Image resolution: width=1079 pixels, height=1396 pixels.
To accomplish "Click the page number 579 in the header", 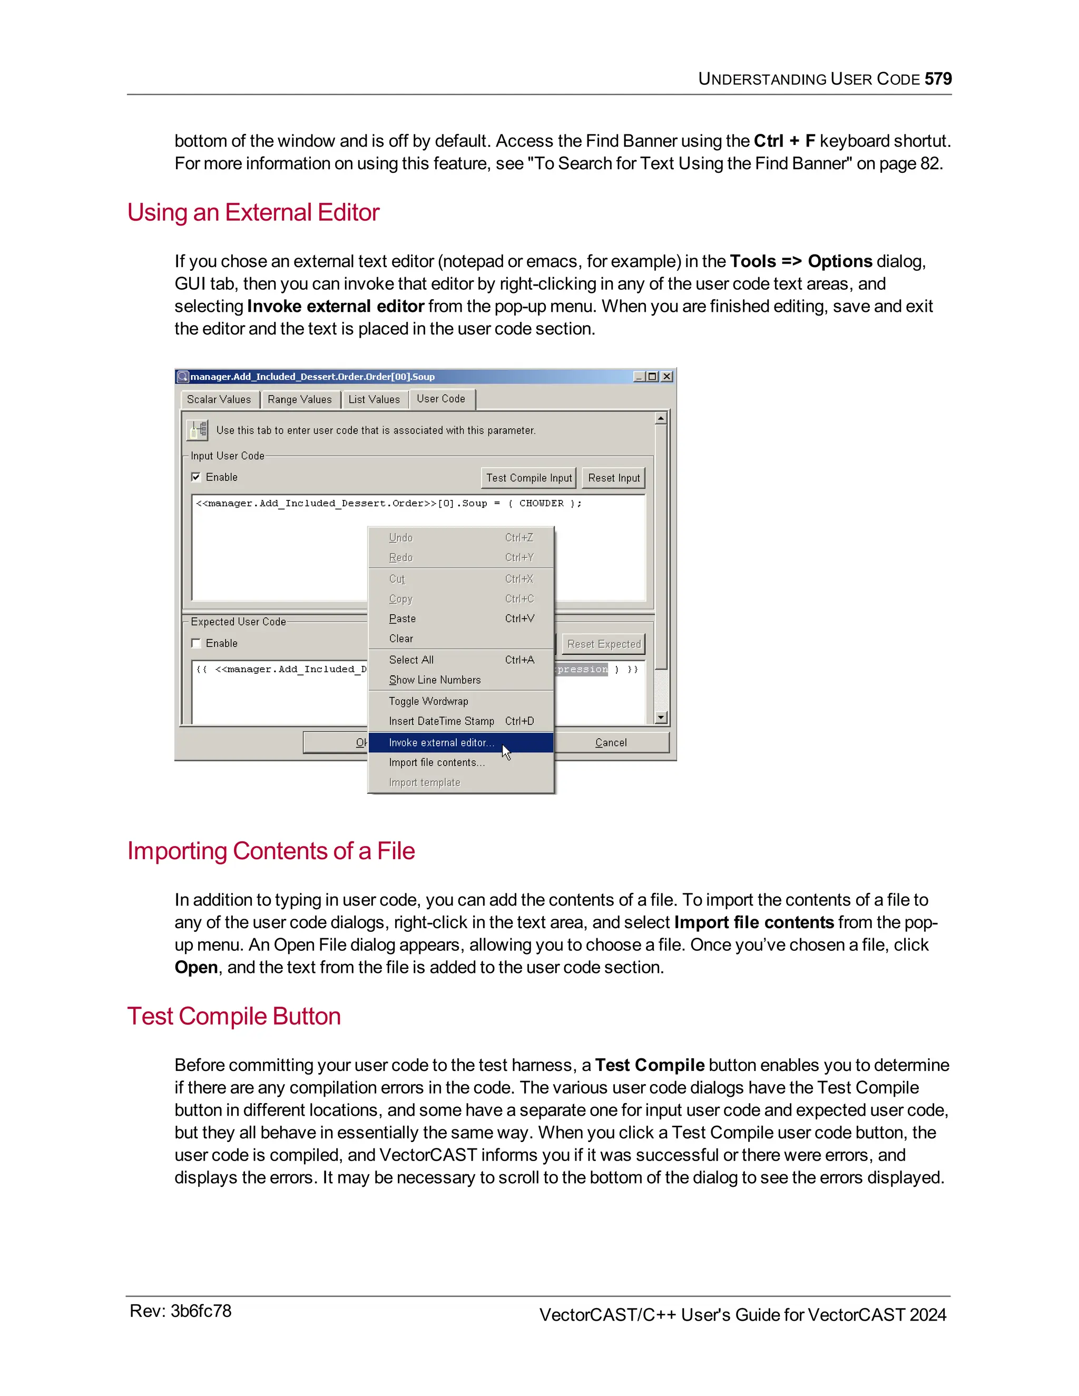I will pos(938,78).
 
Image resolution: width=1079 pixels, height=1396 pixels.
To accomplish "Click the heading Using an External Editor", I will pos(253,212).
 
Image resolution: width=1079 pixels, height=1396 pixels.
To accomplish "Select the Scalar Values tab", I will pos(219,399).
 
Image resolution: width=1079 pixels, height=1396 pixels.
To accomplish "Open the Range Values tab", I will pos(299,399).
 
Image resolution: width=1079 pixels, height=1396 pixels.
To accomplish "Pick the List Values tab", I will pos(374,399).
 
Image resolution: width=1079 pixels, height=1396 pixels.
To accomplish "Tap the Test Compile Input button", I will pos(528,478).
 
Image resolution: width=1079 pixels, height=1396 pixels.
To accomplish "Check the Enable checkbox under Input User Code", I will pos(196,477).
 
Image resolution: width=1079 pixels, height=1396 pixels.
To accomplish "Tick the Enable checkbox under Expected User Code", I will pos(196,643).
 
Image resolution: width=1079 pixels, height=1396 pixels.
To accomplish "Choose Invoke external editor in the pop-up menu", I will pos(441,743).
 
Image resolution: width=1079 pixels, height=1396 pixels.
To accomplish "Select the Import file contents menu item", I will pos(437,763).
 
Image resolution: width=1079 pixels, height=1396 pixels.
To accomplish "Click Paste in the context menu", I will pos(402,619).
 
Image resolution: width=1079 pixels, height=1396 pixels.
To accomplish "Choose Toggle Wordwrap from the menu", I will pos(428,701).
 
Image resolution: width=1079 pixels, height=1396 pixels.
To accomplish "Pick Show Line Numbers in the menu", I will pos(435,680).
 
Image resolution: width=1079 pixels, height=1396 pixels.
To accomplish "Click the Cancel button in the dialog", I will pos(611,743).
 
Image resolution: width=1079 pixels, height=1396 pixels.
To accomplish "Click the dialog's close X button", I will pos(666,377).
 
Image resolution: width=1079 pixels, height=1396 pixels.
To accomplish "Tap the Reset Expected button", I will pos(603,644).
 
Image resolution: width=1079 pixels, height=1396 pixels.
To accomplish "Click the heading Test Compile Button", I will pos(234,1016).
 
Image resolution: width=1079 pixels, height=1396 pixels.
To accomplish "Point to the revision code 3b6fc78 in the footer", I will pos(201,1312).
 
